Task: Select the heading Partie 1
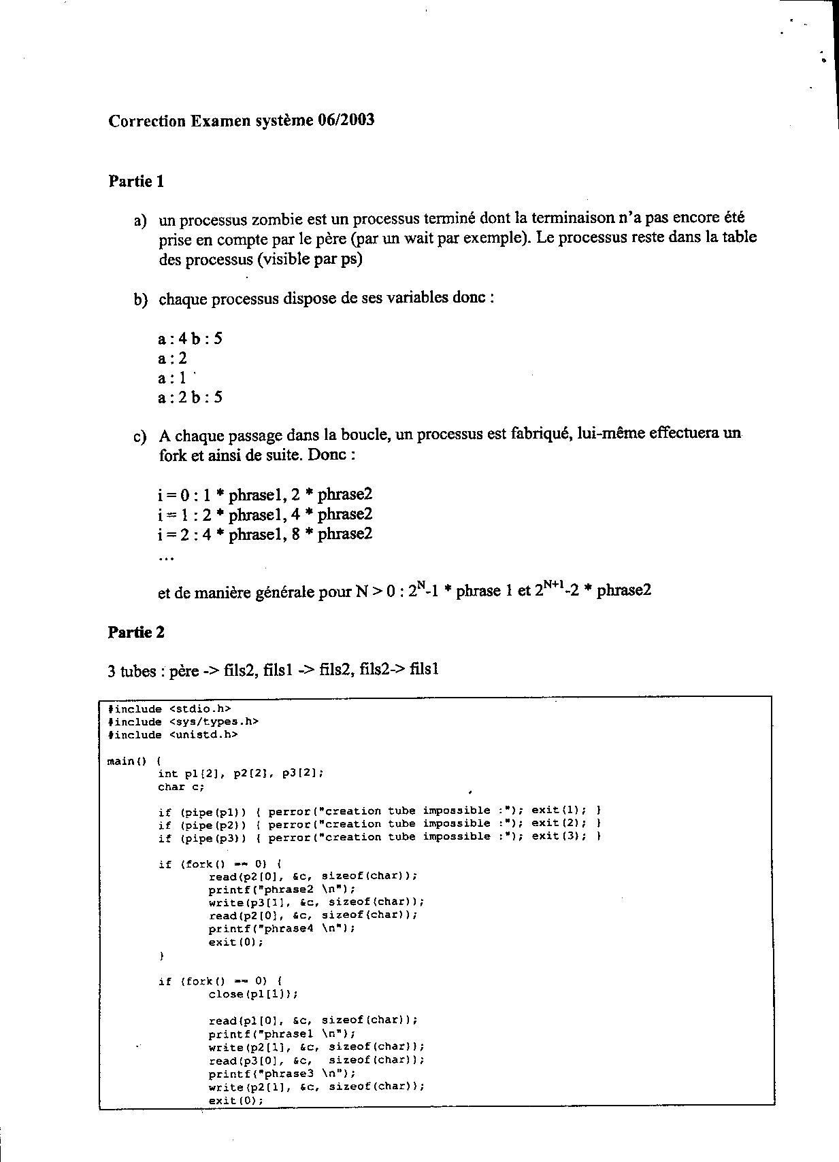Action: click(136, 182)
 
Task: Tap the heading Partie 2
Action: click(136, 632)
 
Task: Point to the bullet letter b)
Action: click(140, 299)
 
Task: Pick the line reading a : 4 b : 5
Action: click(190, 339)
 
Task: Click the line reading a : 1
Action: click(172, 378)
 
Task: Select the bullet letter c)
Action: click(140, 436)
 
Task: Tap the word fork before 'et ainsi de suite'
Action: click(173, 455)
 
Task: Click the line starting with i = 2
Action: click(265, 534)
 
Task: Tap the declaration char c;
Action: click(181, 787)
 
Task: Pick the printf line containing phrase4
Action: click(282, 928)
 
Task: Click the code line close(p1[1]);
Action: click(253, 994)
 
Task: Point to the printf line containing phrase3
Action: click(282, 1074)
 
